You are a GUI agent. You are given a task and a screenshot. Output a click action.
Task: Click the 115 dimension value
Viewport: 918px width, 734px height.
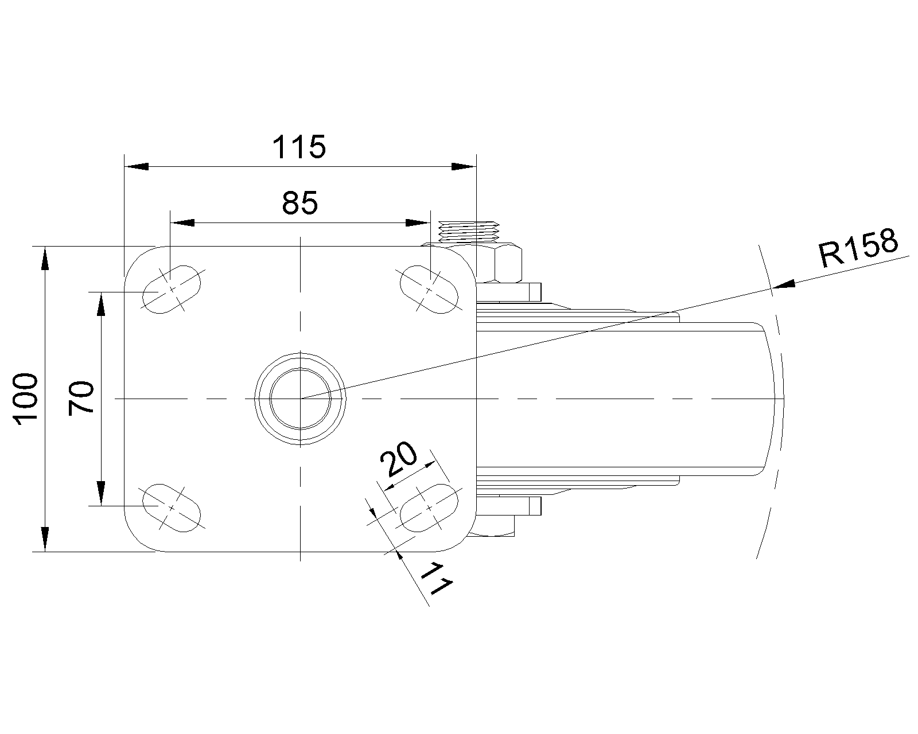(299, 147)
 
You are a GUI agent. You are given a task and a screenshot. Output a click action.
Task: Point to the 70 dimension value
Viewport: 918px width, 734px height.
(81, 398)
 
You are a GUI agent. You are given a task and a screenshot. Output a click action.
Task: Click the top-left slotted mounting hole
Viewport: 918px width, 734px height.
(172, 289)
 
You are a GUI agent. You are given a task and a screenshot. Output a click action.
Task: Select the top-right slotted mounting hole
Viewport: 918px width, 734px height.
(429, 289)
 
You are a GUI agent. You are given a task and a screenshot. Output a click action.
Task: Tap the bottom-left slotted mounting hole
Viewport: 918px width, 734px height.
(172, 507)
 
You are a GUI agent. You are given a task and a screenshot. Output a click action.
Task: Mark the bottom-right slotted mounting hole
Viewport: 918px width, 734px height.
(429, 507)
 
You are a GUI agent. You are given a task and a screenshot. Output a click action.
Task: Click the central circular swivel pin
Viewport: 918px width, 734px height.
(300, 398)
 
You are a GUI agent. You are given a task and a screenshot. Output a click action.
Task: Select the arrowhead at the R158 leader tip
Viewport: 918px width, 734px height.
(784, 284)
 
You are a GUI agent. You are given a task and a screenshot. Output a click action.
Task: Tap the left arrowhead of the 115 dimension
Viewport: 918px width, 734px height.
(137, 166)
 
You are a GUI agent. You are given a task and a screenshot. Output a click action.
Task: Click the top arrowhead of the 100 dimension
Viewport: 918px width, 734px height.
(45, 258)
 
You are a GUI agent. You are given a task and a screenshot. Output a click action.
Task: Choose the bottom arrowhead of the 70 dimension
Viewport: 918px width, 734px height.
(102, 494)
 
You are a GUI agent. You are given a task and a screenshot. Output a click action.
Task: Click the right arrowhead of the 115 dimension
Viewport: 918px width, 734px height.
(464, 166)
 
